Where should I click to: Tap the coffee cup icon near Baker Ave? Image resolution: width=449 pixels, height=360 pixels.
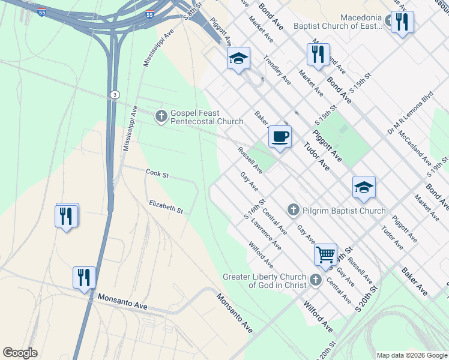coord(280,137)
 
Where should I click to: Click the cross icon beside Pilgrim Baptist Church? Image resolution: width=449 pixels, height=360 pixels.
coord(293,210)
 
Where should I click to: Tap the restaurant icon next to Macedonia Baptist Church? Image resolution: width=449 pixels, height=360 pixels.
coord(402,22)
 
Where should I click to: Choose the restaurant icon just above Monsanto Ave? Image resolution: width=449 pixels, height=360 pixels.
coord(84,278)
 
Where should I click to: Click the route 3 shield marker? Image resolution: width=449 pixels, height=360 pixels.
coord(114,95)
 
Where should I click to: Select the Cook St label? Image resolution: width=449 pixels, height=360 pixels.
coord(157,174)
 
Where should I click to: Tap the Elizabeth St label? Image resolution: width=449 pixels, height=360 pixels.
coord(166,207)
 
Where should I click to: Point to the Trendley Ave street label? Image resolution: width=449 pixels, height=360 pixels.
coord(278,70)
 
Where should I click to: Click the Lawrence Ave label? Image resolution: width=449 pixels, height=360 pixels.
coord(267,235)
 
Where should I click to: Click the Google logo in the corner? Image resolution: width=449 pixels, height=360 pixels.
coord(20,353)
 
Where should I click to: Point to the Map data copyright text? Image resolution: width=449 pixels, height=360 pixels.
coord(411,355)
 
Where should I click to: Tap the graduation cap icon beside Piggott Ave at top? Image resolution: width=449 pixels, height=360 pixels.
coord(238,58)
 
